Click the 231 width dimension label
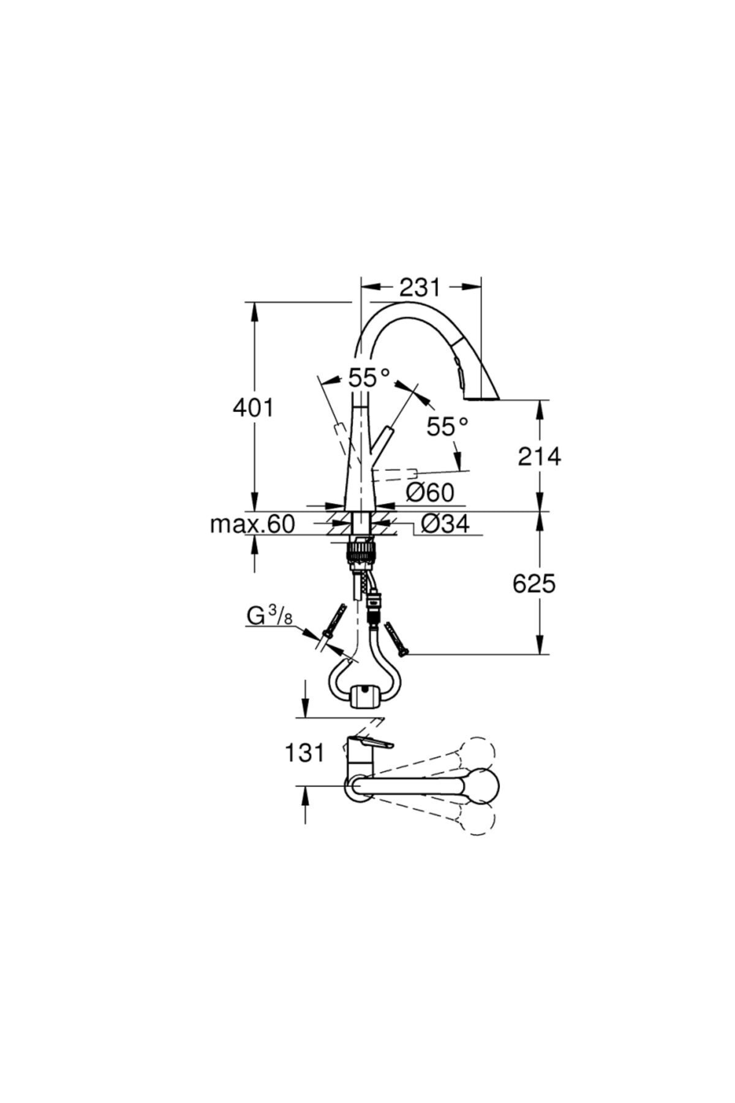[x=420, y=287]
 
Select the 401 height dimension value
[x=253, y=407]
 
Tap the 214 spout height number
[x=539, y=456]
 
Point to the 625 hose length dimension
[x=534, y=584]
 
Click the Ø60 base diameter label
[x=430, y=491]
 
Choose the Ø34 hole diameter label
[x=445, y=523]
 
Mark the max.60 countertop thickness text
[x=252, y=524]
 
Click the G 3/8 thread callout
[x=269, y=616]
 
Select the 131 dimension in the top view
[x=304, y=752]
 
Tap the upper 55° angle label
[x=369, y=377]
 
